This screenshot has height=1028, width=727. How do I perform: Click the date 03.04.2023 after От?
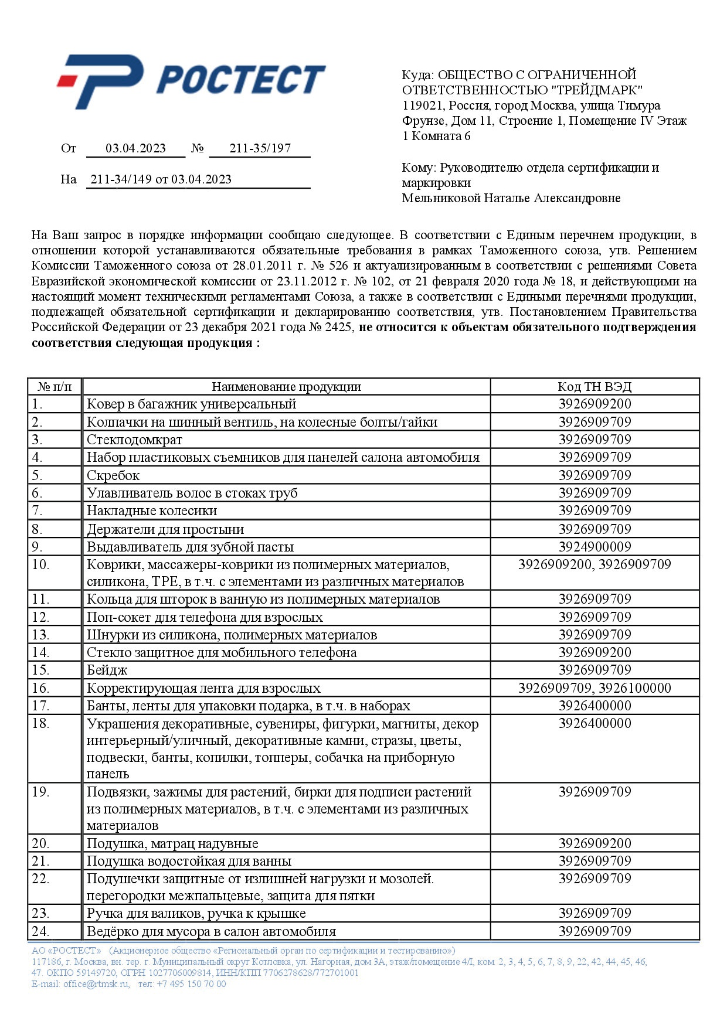(x=135, y=148)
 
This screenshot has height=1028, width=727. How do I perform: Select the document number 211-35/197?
(x=260, y=148)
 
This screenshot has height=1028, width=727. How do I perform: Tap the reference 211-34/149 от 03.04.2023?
(x=161, y=179)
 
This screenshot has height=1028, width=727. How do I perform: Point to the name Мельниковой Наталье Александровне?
(x=511, y=198)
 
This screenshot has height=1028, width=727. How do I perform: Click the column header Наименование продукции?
(x=286, y=387)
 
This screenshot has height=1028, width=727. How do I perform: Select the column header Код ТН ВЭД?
(x=594, y=387)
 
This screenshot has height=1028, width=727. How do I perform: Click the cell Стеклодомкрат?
(x=134, y=440)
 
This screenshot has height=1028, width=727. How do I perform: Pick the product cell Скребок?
(x=113, y=475)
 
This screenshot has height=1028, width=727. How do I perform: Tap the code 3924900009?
(x=594, y=547)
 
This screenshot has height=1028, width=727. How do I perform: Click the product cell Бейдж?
(x=107, y=670)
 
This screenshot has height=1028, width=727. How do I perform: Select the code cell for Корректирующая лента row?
(x=594, y=688)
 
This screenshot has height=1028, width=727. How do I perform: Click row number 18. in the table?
(x=40, y=724)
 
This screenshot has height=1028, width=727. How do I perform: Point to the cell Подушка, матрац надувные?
(x=172, y=844)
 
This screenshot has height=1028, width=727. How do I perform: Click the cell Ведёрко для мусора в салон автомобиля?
(x=211, y=931)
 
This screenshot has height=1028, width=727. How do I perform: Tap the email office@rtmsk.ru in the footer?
(x=96, y=984)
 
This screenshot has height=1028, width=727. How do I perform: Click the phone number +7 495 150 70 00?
(x=191, y=984)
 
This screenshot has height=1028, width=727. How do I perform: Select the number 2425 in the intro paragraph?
(x=338, y=327)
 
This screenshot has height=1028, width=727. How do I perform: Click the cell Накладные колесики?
(x=152, y=511)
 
